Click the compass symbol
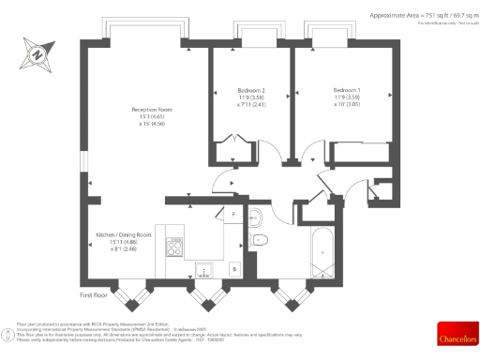pos(37,53)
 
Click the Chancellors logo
pos(457,334)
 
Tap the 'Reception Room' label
pos(148,110)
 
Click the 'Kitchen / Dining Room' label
pos(124,234)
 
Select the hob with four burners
pos(174,247)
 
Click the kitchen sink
pos(205,271)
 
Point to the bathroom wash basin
pos(255,218)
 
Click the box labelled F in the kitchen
pos(232,215)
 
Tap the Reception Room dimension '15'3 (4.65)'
pos(148,117)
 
